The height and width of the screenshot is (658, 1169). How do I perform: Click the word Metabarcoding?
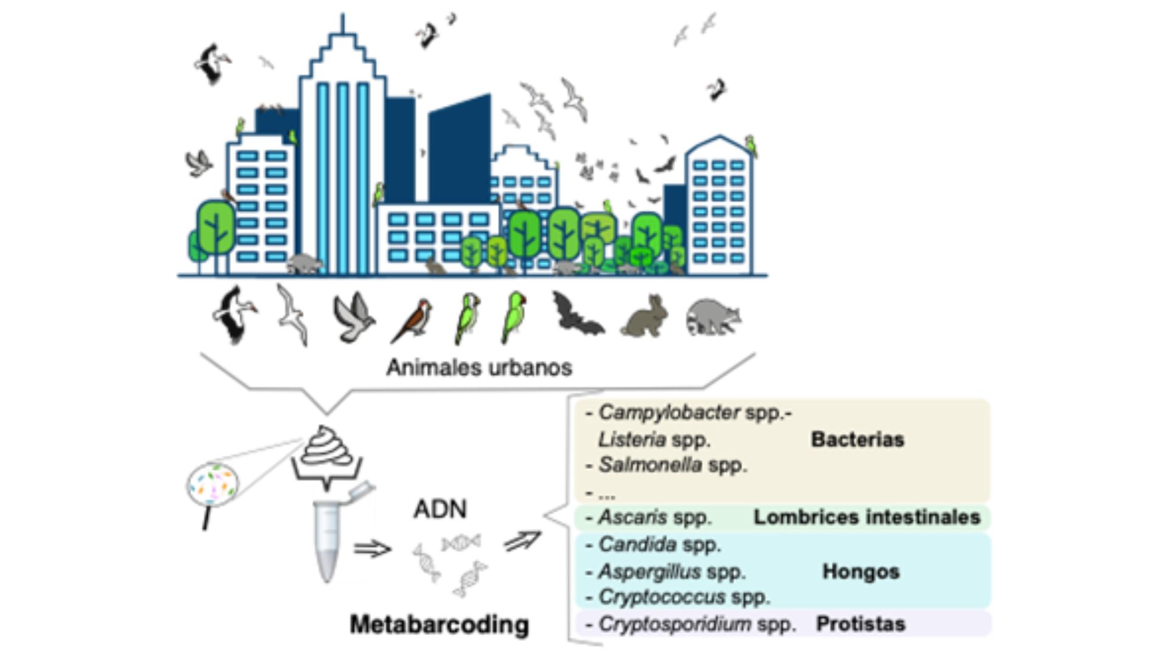coord(439,624)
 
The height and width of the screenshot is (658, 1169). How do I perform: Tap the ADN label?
coord(440,509)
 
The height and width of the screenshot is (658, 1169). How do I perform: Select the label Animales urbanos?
coord(479,367)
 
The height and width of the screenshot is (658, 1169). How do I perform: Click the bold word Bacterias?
coord(857,439)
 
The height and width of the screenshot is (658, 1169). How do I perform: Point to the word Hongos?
coord(861,571)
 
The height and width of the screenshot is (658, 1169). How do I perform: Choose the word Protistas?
coord(860,624)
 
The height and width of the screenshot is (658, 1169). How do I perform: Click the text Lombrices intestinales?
coord(867,517)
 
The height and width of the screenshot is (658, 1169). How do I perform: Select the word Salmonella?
coord(650,465)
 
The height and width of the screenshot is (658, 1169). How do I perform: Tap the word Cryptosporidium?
coord(675,624)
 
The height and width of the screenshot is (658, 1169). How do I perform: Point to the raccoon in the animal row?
coord(713,317)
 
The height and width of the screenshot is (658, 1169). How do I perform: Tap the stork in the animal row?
coord(234,314)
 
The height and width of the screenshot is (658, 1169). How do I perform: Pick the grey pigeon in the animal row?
coord(353,317)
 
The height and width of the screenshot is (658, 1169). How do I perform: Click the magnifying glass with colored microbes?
coord(212,486)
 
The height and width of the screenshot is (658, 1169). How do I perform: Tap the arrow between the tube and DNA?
coord(372,549)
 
